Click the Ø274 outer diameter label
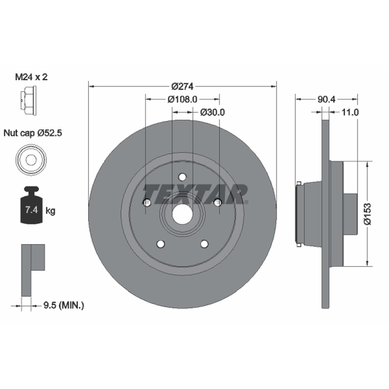[182, 87]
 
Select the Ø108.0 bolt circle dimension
[182, 99]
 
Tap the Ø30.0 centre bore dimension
[212, 112]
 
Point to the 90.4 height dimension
[326, 99]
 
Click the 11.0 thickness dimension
[350, 112]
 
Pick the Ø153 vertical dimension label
[368, 214]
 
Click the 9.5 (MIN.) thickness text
[64, 305]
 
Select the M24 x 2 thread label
[31, 77]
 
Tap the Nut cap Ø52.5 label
[33, 133]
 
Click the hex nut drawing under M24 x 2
[28, 101]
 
